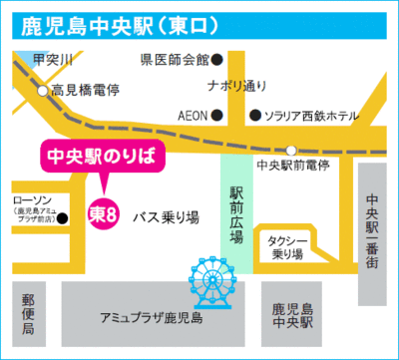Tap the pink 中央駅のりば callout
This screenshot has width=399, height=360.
coord(104,156)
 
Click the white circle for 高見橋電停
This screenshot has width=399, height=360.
coord(42,91)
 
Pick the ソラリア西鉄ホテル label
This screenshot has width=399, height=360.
coord(310,115)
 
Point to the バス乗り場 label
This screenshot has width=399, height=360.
coord(167,214)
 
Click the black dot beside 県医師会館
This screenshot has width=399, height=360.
coord(229,59)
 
